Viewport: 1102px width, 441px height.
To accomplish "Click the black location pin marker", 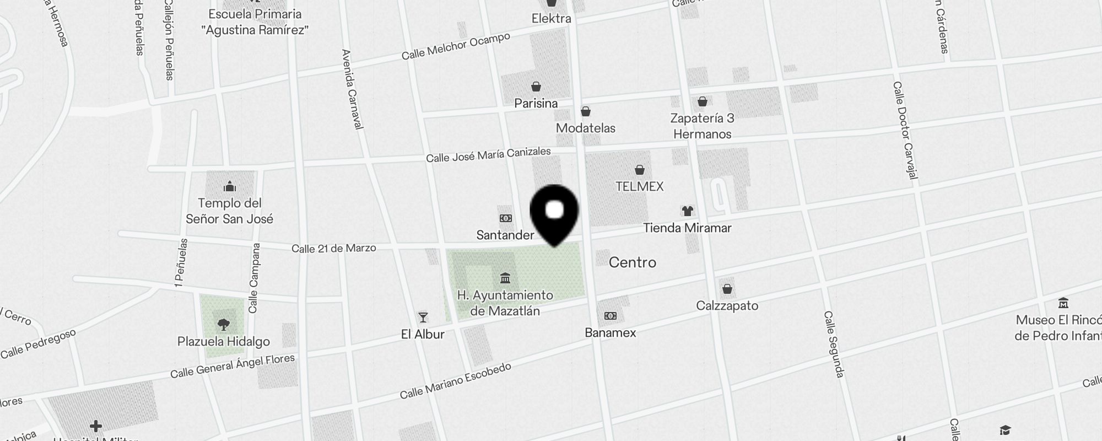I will tap(554, 213).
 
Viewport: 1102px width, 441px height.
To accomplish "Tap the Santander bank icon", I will tap(505, 218).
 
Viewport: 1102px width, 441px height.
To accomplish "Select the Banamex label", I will tap(610, 332).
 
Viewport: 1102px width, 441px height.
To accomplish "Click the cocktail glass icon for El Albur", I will tap(423, 317).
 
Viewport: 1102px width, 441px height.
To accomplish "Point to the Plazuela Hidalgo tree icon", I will tap(224, 324).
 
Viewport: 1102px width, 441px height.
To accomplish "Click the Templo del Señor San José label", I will tap(229, 211).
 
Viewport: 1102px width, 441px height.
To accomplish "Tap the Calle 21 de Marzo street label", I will tap(334, 248).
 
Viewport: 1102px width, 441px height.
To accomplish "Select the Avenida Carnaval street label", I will tap(353, 89).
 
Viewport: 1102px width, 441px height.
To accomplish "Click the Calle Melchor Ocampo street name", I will tap(456, 46).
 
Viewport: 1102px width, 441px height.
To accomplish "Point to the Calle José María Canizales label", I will tap(488, 154).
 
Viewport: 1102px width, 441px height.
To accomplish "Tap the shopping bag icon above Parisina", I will tap(536, 87).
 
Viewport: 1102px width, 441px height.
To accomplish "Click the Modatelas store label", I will tap(586, 128).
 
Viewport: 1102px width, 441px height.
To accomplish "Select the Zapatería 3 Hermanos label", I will tap(703, 126).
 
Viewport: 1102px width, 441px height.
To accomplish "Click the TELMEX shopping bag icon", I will tap(640, 169).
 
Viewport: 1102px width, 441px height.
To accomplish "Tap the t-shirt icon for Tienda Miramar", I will tap(687, 211).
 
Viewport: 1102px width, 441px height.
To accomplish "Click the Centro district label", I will tap(633, 262).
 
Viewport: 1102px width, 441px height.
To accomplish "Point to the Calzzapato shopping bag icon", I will tap(727, 289).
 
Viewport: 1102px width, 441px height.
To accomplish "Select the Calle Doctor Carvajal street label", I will tap(906, 130).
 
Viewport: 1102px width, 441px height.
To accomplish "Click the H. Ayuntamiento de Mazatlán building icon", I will tap(505, 277).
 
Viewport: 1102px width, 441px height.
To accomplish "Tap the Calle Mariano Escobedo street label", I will tap(456, 381).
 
